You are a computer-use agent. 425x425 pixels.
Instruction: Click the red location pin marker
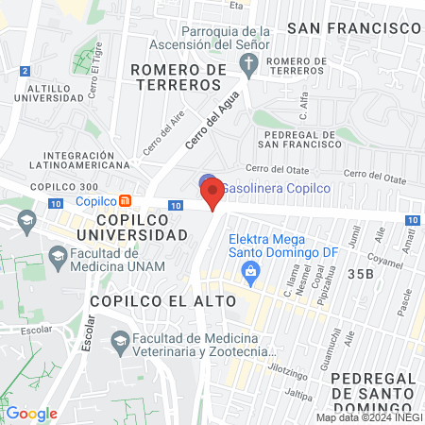[212, 192]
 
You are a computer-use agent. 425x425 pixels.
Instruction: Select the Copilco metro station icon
[125, 200]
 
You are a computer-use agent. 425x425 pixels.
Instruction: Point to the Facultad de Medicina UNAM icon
[59, 256]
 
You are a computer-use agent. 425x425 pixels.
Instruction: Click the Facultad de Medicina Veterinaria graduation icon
[120, 343]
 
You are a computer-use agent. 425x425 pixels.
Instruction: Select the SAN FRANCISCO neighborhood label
[354, 27]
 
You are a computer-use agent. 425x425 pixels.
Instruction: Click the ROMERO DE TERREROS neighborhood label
[178, 76]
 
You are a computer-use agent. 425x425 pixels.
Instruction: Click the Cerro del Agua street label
[207, 124]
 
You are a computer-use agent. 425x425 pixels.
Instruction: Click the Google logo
[31, 414]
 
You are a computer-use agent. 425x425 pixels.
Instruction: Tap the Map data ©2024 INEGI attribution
[368, 417]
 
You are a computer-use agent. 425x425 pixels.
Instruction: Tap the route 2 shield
[24, 71]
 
